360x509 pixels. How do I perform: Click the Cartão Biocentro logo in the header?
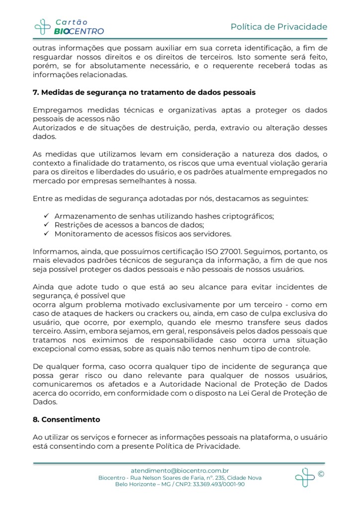click(69, 26)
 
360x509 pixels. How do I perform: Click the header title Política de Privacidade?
click(278, 26)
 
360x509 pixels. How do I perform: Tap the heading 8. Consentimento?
click(66, 420)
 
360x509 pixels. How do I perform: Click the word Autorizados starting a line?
click(55, 128)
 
